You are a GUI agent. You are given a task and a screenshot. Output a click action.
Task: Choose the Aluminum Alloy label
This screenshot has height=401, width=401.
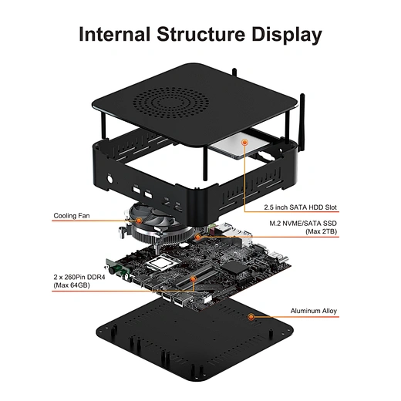coord(314,312)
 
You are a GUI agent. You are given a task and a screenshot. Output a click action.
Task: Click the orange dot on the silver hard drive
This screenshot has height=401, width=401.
coord(245,142)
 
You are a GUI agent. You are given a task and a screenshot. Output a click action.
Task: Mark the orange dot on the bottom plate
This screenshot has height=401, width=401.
coord(251,316)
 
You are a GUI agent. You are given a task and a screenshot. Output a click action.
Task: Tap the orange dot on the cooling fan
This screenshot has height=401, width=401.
coord(139,220)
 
